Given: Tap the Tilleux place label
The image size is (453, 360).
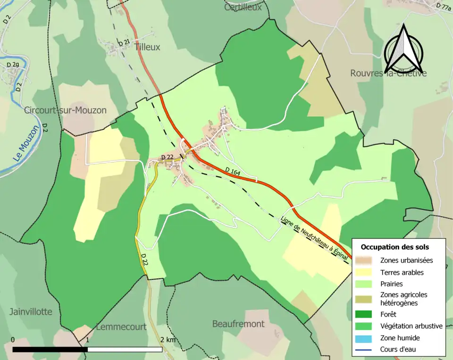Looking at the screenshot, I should [147, 47].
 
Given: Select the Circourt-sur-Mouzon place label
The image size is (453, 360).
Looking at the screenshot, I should [65, 110].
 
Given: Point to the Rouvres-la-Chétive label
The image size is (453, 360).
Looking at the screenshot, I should [388, 73].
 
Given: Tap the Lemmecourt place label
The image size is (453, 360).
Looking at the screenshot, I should [121, 327].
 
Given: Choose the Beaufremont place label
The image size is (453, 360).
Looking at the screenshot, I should [238, 324].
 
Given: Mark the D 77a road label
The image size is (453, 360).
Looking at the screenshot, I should [443, 6].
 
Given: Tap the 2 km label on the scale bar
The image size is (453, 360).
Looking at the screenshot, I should [168, 340].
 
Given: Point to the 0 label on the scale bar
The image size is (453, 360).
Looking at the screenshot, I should [13, 340].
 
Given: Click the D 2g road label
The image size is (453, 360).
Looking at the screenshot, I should [13, 64].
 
